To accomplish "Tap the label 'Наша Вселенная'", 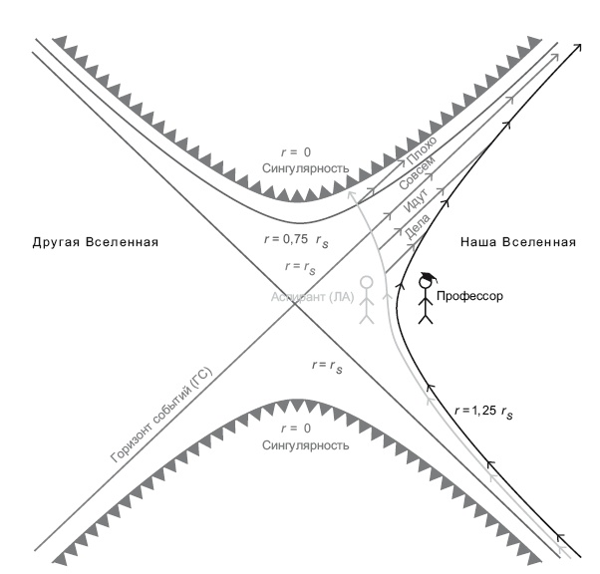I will tap(518, 242).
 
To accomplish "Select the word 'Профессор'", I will tap(468, 296).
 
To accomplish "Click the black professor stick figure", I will tap(427, 302).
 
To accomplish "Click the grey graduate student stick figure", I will tap(367, 302).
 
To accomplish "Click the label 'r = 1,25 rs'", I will tap(489, 409).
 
